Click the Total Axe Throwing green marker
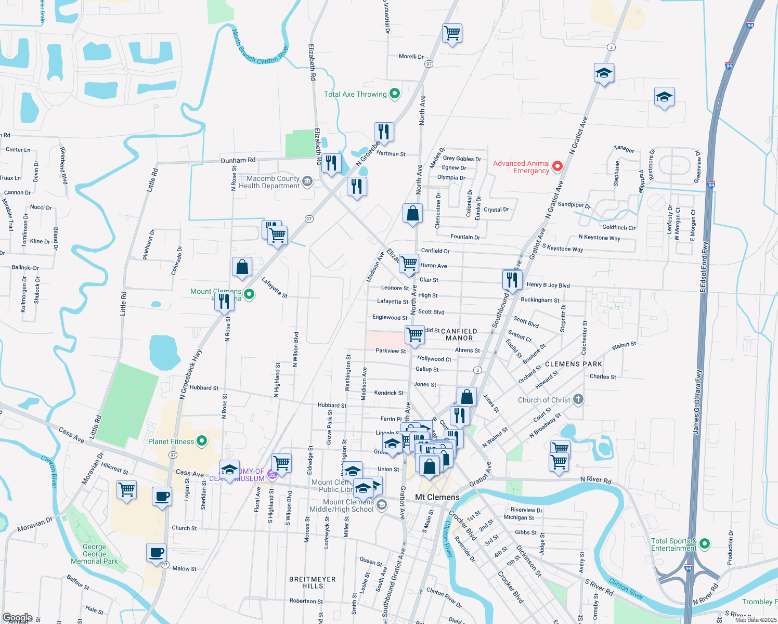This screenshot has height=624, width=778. click(395, 94)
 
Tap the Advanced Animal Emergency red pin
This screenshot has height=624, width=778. click(557, 166)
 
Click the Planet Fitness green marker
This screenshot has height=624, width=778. click(202, 441)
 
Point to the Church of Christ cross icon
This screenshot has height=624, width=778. click(578, 399)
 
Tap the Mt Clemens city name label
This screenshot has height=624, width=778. click(437, 498)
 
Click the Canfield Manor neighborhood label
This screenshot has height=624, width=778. click(459, 334)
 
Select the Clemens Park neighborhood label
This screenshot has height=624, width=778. click(573, 364)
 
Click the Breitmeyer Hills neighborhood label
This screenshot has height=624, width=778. click(313, 582)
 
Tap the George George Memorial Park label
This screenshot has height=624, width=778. click(95, 554)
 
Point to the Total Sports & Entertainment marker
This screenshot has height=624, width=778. click(705, 544)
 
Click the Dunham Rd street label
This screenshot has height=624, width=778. click(238, 161)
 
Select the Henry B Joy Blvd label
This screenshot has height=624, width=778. click(548, 285)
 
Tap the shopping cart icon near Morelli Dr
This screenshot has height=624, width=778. click(452, 33)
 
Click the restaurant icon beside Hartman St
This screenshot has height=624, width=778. click(384, 132)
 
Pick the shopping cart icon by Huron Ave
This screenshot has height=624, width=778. click(409, 263)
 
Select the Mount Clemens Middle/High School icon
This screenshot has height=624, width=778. click(382, 505)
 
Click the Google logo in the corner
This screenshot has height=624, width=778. click(18, 618)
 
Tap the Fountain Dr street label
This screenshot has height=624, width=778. click(465, 237)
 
